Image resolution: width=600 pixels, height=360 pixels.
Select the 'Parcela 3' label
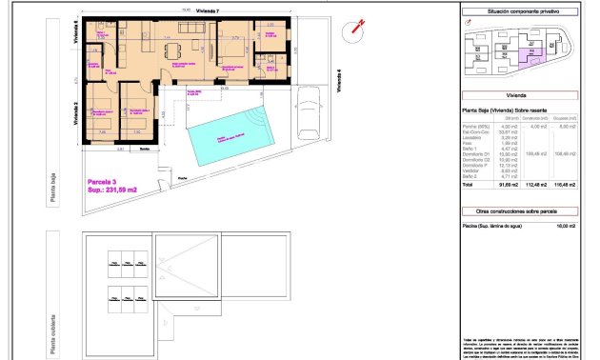point(102,180)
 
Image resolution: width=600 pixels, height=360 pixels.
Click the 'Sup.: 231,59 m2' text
point(112,190)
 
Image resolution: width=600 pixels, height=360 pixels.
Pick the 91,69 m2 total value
point(510,187)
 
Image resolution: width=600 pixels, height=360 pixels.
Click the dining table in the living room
point(171,49)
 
